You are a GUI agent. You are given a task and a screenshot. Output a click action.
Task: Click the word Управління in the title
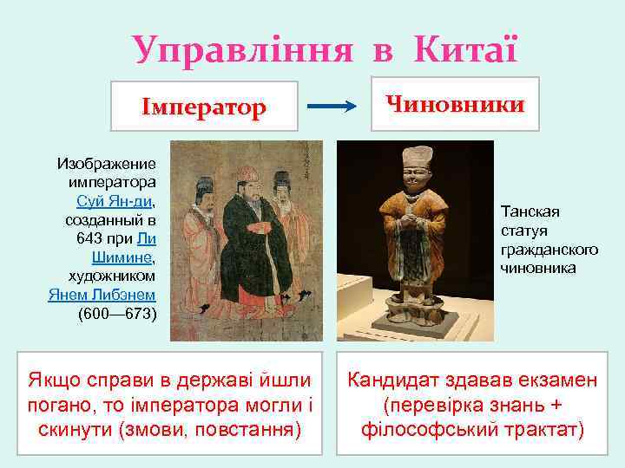coord(243,49)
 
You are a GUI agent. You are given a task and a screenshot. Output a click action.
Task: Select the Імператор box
coord(205,107)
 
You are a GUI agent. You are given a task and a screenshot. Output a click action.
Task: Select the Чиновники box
coord(456,104)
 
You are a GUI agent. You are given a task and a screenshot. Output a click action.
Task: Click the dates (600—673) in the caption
coord(116,314)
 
